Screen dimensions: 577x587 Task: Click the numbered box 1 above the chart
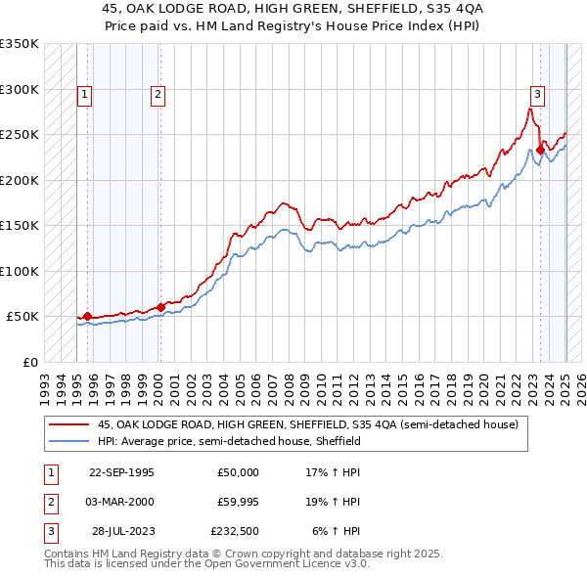tap(85, 95)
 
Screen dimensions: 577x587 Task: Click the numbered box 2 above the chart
tap(158, 95)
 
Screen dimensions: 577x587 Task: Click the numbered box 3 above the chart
tap(537, 95)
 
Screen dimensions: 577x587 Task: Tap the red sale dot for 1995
tap(87, 316)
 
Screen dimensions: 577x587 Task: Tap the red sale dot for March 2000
tap(160, 307)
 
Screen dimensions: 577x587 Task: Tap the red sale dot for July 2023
tap(540, 150)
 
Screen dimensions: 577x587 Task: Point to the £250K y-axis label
tap(19, 134)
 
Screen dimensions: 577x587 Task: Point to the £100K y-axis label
tap(19, 271)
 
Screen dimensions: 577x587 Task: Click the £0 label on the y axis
tap(28, 362)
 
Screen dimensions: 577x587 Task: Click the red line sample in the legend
tap(69, 424)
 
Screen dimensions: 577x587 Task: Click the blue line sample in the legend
tap(69, 441)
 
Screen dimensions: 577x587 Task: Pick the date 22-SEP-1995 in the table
tap(121, 472)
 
